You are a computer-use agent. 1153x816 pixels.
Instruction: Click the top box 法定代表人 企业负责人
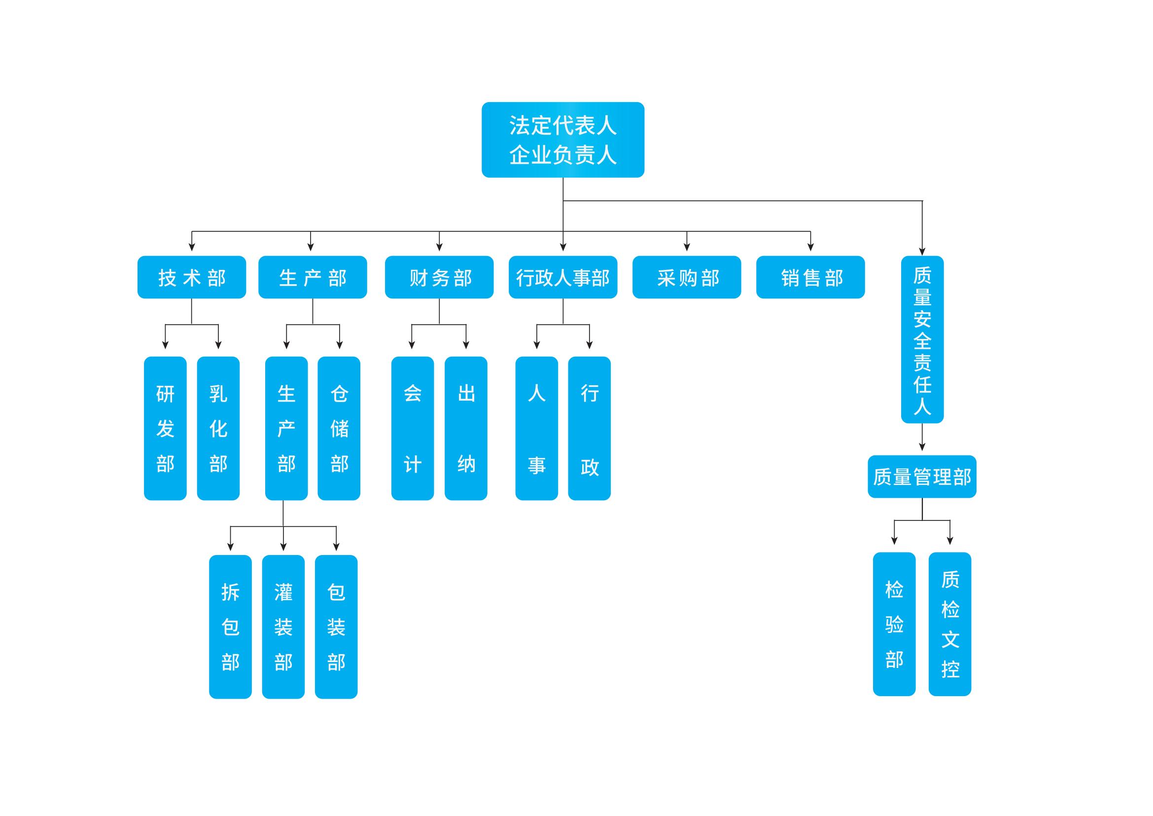[x=562, y=140]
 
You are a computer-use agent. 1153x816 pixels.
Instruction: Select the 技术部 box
[x=191, y=277]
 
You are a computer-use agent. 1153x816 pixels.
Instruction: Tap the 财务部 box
[x=439, y=277]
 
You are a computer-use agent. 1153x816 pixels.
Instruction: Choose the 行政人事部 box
[x=562, y=277]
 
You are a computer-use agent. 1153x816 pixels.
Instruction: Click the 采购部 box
[x=687, y=277]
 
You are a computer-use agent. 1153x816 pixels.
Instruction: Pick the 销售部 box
[x=810, y=277]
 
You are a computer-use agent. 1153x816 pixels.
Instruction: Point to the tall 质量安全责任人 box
[x=922, y=339]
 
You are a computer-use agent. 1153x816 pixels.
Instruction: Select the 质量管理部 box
[x=922, y=477]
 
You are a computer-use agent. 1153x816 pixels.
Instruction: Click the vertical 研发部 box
[x=165, y=428]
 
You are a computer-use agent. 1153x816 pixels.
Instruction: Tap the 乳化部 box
[x=218, y=428]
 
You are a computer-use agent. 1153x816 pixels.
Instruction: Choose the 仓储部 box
[x=339, y=428]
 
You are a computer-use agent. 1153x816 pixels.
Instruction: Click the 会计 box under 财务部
[x=412, y=428]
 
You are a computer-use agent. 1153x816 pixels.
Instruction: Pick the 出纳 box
[x=465, y=428]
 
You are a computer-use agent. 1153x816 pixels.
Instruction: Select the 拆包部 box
[x=230, y=627]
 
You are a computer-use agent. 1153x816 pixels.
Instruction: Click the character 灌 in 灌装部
[x=283, y=592]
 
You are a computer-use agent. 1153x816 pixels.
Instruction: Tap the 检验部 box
[x=894, y=624]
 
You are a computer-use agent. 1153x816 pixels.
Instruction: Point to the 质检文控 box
[x=949, y=624]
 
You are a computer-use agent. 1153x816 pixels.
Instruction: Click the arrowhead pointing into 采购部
[x=687, y=247]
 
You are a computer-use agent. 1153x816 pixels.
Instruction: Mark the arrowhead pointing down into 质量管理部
[x=922, y=446]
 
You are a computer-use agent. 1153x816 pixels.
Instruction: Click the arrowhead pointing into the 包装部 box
[x=336, y=547]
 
